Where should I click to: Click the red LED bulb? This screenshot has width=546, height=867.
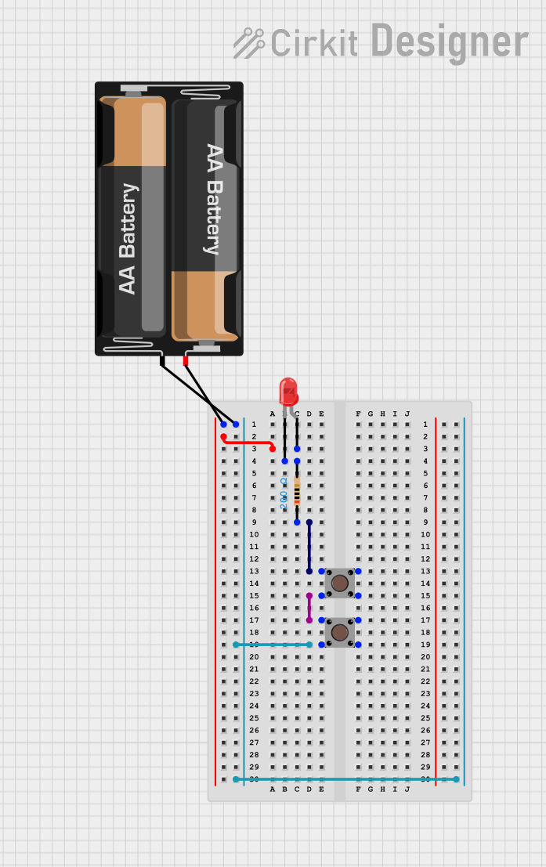(288, 391)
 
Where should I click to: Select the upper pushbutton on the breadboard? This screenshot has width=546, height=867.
(339, 583)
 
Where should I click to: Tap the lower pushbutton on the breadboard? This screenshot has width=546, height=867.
(339, 632)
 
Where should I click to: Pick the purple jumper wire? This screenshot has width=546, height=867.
(309, 608)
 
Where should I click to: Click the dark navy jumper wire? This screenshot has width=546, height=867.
(309, 547)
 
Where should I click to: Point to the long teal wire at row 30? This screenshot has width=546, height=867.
(345, 779)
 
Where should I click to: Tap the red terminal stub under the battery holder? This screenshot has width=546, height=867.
(186, 361)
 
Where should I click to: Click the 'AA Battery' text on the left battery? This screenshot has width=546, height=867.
(128, 239)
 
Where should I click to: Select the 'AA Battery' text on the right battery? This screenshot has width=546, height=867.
(213, 199)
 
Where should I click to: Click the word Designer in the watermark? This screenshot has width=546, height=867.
(449, 41)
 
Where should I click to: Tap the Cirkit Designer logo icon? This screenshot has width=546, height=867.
(249, 43)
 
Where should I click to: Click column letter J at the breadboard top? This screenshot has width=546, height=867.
(407, 414)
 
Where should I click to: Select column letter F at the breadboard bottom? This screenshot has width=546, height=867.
(358, 789)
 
